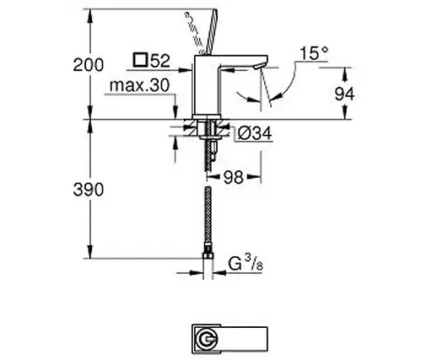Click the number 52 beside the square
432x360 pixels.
click(161, 61)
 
